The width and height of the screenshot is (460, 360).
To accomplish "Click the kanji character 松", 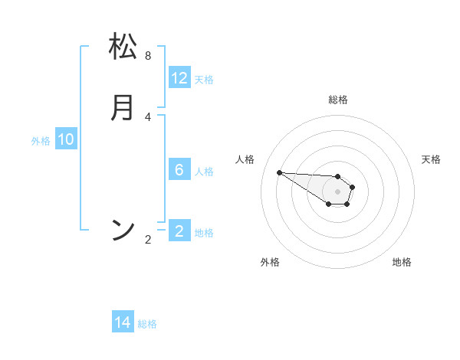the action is coord(123,47).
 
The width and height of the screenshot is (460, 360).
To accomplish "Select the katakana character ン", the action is coord(123,229).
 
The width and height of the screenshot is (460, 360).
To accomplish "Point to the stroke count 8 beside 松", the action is coord(148,56).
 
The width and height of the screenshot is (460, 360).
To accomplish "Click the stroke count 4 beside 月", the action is coord(148,116).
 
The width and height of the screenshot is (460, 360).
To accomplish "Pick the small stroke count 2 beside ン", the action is coord(148,240).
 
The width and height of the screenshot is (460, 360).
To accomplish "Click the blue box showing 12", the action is coord(179,78).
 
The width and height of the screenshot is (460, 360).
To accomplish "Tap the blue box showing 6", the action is coord(179,170).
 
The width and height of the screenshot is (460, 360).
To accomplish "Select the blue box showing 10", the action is coord(66,139).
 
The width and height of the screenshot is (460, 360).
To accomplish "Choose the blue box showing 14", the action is coord(123,323).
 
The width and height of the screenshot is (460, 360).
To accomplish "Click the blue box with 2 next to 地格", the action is coord(179,231).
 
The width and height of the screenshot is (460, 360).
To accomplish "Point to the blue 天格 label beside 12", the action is coord(204,80).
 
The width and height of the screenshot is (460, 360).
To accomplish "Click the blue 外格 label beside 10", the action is coord(41,141).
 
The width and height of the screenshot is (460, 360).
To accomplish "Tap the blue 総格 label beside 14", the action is coord(147,324).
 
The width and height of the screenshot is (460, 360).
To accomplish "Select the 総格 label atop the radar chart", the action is coord(338,100).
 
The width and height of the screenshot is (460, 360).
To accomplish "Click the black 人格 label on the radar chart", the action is coord(245,159).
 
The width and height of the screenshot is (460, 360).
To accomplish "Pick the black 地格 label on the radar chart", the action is coord(402,262).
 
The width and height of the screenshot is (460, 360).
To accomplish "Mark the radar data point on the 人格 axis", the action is coord(279,172).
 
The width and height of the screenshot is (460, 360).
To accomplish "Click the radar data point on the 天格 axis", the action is coord(353,187).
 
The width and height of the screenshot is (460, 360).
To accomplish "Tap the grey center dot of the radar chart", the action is coord(337,191).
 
